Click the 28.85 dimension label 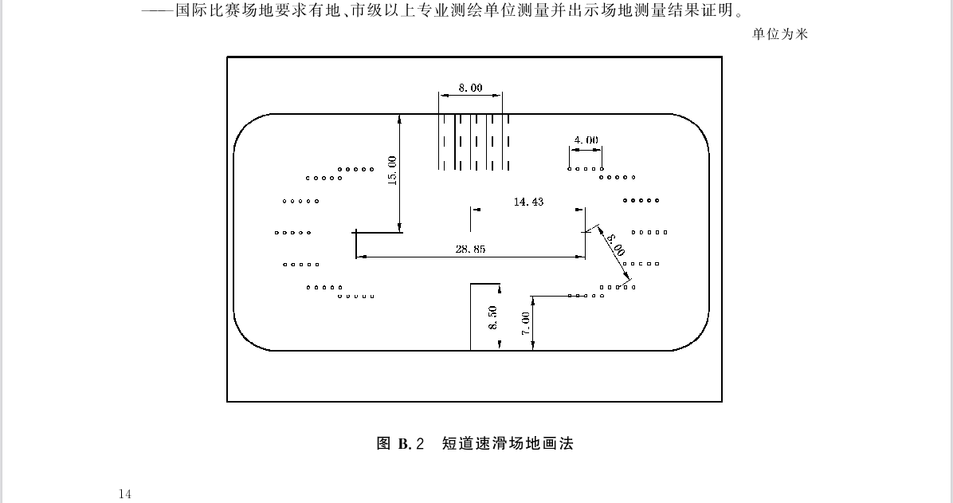pyautogui.click(x=470, y=249)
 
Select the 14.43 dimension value pyautogui.click(x=529, y=202)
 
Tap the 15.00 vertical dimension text pyautogui.click(x=391, y=171)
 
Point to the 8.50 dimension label pyautogui.click(x=493, y=317)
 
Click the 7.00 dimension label pyautogui.click(x=526, y=323)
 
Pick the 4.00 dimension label pyautogui.click(x=586, y=140)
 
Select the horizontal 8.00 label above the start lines pyautogui.click(x=470, y=88)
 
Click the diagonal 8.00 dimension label pyautogui.click(x=615, y=245)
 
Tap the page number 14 pyautogui.click(x=125, y=493)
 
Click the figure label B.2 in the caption pyautogui.click(x=411, y=443)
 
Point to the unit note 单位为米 pyautogui.click(x=780, y=34)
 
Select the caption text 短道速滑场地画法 pyautogui.click(x=508, y=443)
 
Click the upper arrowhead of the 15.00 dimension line pyautogui.click(x=399, y=119)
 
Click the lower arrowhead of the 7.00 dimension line pyautogui.click(x=532, y=346)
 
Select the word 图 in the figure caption pyautogui.click(x=383, y=443)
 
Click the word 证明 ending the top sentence pyautogui.click(x=718, y=10)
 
